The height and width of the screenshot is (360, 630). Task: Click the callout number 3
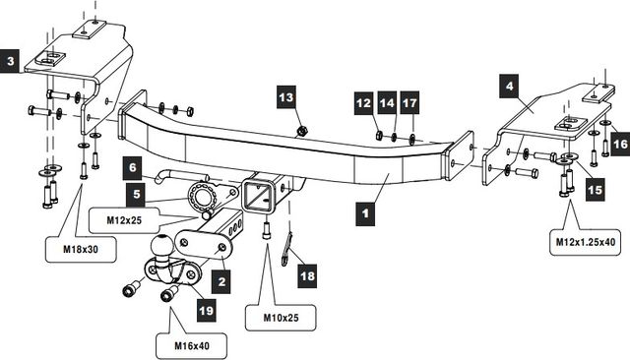pos(9,61)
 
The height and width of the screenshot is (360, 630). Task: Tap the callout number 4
pos(510,86)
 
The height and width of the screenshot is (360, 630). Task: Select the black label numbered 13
pos(286,96)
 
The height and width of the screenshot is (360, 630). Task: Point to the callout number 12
pos(363,103)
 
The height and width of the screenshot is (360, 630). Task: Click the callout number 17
pos(409,103)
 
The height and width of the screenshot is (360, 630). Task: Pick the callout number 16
pos(620,144)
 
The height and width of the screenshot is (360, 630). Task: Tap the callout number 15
pos(595,189)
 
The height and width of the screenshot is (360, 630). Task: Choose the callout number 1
pos(365,213)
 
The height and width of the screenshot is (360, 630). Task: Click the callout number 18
pos(307,275)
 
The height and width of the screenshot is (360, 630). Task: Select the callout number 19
pos(206,310)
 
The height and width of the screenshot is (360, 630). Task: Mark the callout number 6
pos(133,167)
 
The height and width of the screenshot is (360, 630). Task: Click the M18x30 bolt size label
pos(81,249)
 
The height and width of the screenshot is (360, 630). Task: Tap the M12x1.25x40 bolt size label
pos(586,242)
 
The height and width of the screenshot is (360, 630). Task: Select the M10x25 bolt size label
pos(281,318)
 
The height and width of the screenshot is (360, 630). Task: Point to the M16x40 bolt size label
pos(192,345)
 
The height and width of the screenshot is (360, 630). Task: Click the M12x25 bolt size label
pos(124,220)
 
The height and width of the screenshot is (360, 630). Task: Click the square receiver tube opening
pos(257,195)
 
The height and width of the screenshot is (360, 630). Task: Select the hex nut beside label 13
pos(302,131)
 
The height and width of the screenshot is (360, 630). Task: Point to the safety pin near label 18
pos(287,250)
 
